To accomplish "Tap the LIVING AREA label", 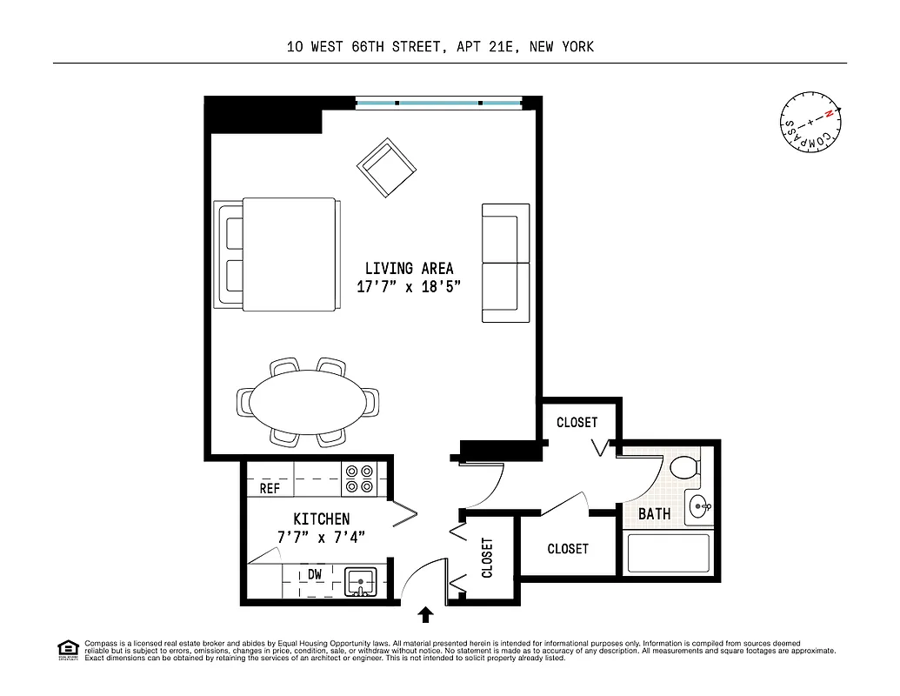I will (x=409, y=269).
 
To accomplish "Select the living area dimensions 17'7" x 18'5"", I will (x=409, y=288).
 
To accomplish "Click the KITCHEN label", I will (x=321, y=519).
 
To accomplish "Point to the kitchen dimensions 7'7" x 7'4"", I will (x=321, y=538).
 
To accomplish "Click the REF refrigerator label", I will (x=270, y=489).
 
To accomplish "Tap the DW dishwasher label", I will (x=316, y=574).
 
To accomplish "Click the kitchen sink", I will (x=360, y=581).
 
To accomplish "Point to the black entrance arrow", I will (x=425, y=616).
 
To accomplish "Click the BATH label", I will (x=654, y=514).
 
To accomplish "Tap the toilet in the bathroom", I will (x=686, y=468).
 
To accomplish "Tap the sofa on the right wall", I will (x=506, y=263).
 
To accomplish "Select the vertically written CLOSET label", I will (x=487, y=558).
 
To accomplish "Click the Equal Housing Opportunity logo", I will (x=68, y=649).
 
